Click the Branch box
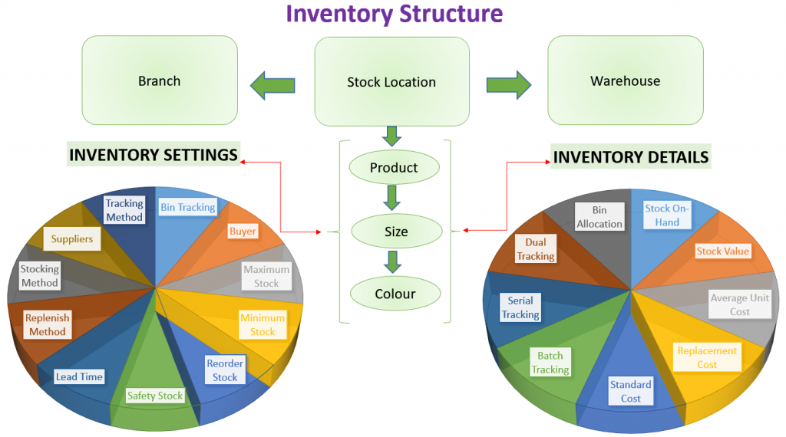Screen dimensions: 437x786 click(159, 81)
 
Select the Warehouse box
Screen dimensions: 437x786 click(625, 81)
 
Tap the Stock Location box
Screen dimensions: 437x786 click(391, 82)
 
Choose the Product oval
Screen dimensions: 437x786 click(394, 168)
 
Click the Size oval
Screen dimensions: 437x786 click(396, 232)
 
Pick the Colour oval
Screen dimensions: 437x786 click(395, 294)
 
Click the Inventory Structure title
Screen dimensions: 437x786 click(394, 14)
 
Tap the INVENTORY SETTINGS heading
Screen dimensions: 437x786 click(154, 155)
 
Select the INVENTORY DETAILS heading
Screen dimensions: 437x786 click(630, 157)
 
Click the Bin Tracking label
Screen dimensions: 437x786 click(187, 207)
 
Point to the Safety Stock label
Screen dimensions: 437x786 click(155, 396)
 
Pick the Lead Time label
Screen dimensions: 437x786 click(79, 376)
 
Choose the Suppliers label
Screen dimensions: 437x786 click(72, 239)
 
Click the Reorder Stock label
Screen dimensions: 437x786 click(225, 370)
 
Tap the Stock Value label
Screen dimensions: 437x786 click(723, 251)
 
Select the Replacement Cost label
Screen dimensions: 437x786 click(707, 357)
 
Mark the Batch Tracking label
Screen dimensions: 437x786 click(550, 363)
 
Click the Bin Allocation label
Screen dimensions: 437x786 click(599, 216)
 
